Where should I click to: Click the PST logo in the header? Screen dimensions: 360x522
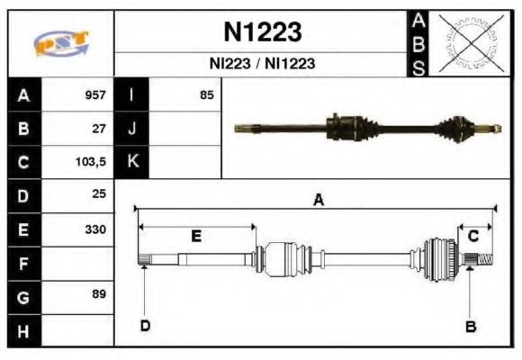tap(60, 42)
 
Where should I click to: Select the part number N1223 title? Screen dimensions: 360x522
tap(262, 32)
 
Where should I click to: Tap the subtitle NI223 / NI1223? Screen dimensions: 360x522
tap(262, 65)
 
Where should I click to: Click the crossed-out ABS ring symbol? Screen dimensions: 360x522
tap(471, 42)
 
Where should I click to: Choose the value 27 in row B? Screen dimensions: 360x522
tap(99, 129)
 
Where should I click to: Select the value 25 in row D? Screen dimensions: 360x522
tap(99, 194)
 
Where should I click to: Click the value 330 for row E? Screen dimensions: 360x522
tap(95, 229)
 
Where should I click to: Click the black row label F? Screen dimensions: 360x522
tap(23, 263)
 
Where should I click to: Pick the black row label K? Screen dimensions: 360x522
tap(132, 162)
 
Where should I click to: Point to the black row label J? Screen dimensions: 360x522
tap(132, 129)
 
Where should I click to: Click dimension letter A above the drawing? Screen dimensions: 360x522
tap(318, 201)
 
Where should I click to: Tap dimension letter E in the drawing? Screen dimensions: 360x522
tap(197, 236)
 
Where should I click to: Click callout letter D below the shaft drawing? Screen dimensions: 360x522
tap(145, 326)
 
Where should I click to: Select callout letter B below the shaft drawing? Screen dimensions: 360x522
tap(470, 326)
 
